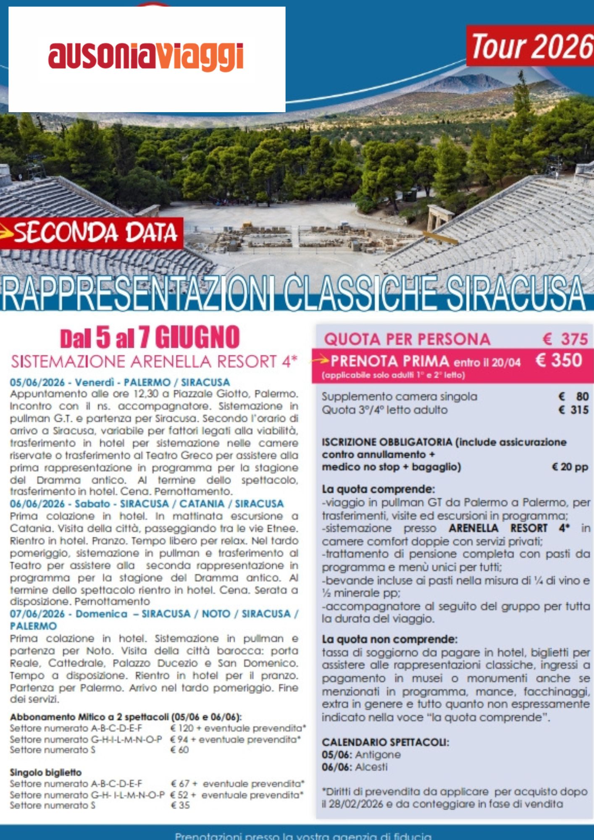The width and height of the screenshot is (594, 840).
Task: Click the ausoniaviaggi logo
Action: (x=146, y=57)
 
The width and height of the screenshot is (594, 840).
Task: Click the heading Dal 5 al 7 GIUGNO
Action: (x=150, y=338)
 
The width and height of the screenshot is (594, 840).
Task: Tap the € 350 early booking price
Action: (x=558, y=360)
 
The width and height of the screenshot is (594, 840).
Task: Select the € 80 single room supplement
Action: (x=573, y=396)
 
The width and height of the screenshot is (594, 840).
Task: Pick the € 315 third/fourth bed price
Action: (x=573, y=410)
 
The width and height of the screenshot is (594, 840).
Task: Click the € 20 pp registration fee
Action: (x=570, y=467)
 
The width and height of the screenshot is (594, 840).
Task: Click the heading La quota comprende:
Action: (x=378, y=489)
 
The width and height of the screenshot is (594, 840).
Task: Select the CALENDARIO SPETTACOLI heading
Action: (x=385, y=742)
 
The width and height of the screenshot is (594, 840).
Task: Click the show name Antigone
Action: (x=378, y=755)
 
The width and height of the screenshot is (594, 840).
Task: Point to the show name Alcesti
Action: (x=371, y=767)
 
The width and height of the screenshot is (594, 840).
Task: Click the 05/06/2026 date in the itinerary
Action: (x=37, y=383)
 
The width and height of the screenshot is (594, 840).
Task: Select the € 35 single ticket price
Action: (x=180, y=805)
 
